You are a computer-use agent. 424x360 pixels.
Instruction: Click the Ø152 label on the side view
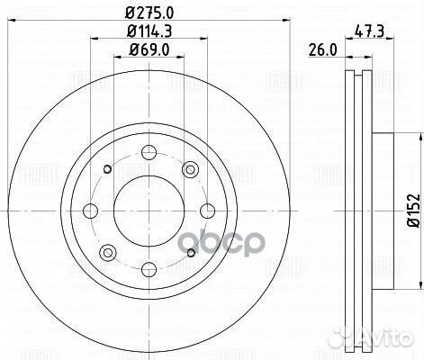[x=411, y=209]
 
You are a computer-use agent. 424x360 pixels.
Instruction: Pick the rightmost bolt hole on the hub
[x=206, y=210]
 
